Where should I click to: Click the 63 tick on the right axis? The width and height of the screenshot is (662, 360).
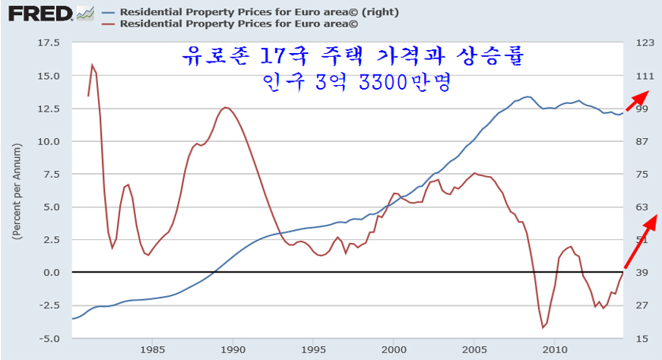(x=642, y=207)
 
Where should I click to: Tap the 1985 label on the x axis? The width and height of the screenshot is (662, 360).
(x=152, y=349)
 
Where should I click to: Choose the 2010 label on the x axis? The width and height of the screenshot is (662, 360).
(x=555, y=349)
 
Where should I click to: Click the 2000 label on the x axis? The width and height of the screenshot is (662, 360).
(x=394, y=349)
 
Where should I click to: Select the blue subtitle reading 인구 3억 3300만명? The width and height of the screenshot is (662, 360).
(x=355, y=81)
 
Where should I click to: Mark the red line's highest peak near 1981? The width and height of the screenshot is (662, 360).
(x=92, y=65)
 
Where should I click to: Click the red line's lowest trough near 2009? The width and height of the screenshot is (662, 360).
(x=543, y=327)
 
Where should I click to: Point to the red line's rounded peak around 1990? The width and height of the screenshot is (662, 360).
(x=226, y=107)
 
